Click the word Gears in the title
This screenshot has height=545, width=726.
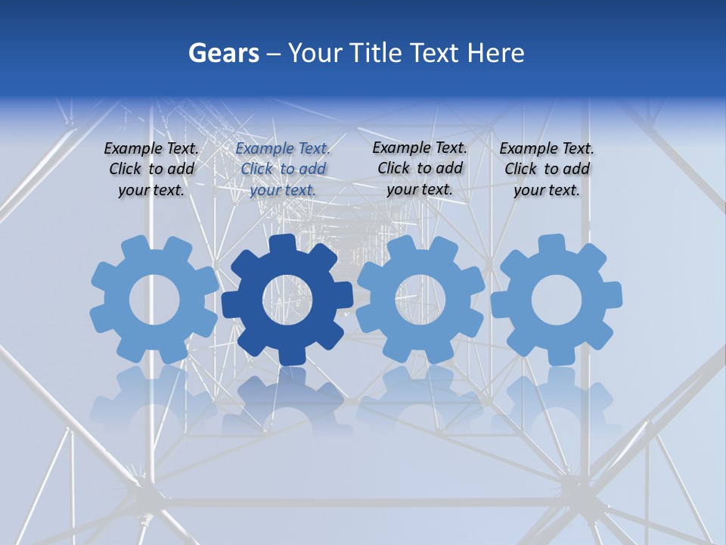[x=223, y=53]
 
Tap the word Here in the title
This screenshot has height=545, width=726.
[x=495, y=53]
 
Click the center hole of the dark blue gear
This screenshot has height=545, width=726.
[x=287, y=301]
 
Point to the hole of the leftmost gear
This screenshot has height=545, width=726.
[x=154, y=301]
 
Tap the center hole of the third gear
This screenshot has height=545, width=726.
[x=420, y=299]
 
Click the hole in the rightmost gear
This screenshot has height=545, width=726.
[x=556, y=300]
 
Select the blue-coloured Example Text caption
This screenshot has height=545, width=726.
[x=283, y=169]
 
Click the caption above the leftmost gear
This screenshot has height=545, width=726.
[x=151, y=169]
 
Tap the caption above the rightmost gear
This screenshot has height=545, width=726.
[x=547, y=169]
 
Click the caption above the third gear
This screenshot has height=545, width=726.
[x=420, y=168]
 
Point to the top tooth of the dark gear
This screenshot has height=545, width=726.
[x=281, y=244]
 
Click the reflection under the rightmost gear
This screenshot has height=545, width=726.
[x=556, y=397]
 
